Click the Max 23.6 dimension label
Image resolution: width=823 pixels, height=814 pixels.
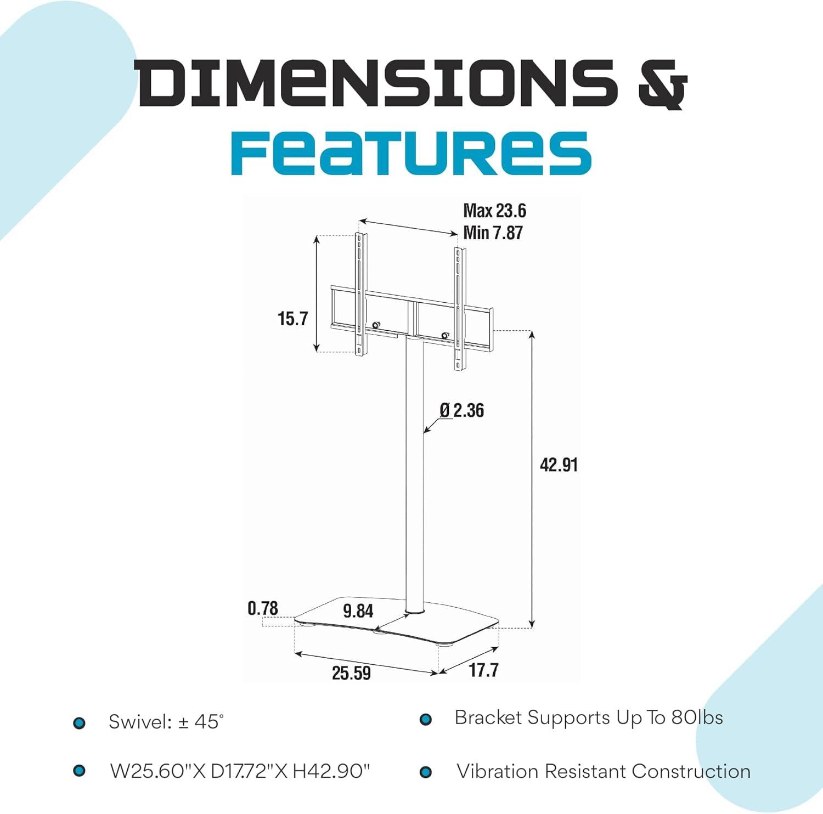pyautogui.click(x=494, y=211)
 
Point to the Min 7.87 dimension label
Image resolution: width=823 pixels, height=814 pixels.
pyautogui.click(x=493, y=233)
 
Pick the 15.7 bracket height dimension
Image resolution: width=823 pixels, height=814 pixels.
pyautogui.click(x=292, y=319)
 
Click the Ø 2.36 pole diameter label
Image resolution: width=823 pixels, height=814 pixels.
pyautogui.click(x=462, y=410)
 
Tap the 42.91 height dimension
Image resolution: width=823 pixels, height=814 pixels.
pyautogui.click(x=559, y=465)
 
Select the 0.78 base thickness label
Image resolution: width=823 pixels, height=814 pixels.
pyautogui.click(x=263, y=608)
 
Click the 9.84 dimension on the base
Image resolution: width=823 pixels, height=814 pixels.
pyautogui.click(x=358, y=611)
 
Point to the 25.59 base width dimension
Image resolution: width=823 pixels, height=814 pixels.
pyautogui.click(x=351, y=673)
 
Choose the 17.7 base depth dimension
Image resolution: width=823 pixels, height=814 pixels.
pyautogui.click(x=483, y=670)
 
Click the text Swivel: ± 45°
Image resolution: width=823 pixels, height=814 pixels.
pyautogui.click(x=166, y=722)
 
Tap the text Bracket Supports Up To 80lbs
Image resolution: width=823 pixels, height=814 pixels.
pyautogui.click(x=588, y=718)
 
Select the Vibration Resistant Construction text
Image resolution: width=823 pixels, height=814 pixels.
pyautogui.click(x=604, y=771)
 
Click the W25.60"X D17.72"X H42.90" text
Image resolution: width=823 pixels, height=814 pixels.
pyautogui.click(x=240, y=771)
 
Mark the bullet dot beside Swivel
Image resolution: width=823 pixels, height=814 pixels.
pyautogui.click(x=80, y=723)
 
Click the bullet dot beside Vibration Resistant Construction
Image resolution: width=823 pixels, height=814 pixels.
pyautogui.click(x=426, y=772)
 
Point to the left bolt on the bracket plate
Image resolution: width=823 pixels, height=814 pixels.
pyautogui.click(x=376, y=325)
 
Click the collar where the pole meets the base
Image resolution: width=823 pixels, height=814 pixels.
pyautogui.click(x=414, y=609)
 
